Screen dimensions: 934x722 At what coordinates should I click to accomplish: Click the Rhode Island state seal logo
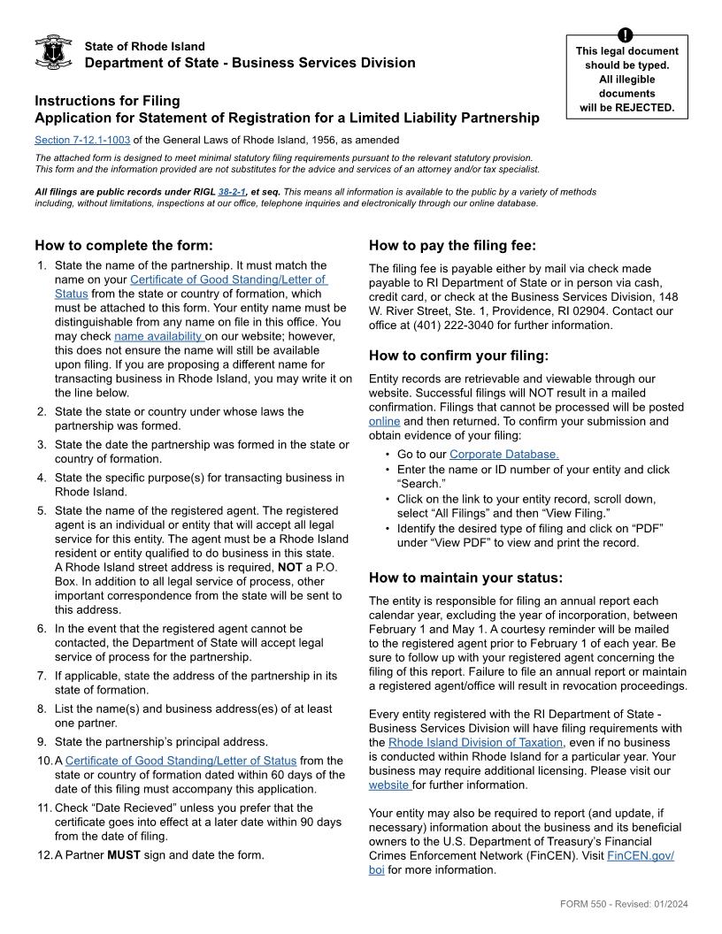click(52, 53)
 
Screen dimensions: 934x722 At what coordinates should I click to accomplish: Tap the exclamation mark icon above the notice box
click(626, 35)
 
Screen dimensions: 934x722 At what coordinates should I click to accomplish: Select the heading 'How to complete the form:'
click(124, 245)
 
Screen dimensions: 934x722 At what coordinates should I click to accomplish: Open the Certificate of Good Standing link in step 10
click(181, 761)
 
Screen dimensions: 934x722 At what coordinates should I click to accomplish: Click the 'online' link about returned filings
click(384, 421)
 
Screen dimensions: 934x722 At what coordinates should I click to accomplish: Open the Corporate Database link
click(503, 455)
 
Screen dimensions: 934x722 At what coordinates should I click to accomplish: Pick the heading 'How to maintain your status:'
click(465, 578)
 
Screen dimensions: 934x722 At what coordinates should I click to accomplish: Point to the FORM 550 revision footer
click(624, 903)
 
